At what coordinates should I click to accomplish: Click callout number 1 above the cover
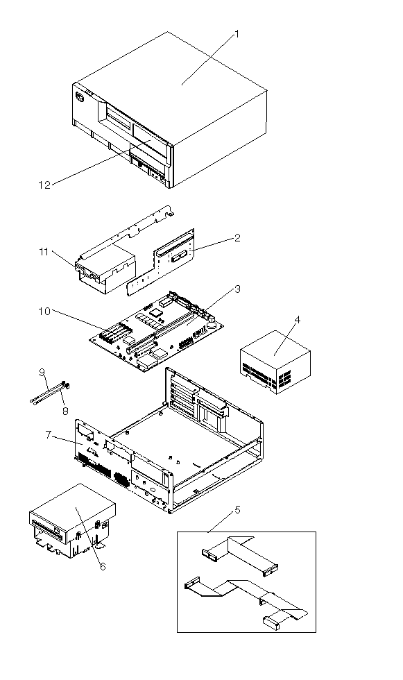(236, 34)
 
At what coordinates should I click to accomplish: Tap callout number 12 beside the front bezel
(44, 185)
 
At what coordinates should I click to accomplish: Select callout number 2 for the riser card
(237, 237)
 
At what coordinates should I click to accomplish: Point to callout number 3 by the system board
(237, 289)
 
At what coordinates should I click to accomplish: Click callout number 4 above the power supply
(297, 320)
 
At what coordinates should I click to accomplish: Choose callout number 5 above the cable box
(237, 509)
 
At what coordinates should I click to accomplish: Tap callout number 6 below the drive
(102, 566)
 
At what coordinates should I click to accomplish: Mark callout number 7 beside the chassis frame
(49, 434)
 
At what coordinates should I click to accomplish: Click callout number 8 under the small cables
(65, 411)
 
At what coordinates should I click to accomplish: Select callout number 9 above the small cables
(42, 372)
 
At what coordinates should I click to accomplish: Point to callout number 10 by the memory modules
(44, 312)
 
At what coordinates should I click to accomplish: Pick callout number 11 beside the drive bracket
(44, 251)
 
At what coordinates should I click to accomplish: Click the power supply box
(275, 362)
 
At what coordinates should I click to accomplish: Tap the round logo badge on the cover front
(80, 97)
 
